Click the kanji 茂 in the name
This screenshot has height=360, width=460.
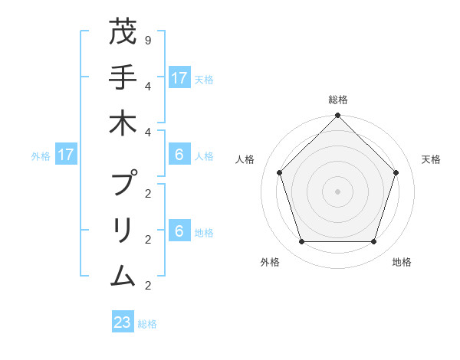123,33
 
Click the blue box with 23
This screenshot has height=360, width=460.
123,322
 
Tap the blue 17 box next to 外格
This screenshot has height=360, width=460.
66,155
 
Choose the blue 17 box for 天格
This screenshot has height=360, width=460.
179,78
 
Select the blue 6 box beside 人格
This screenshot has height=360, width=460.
179,155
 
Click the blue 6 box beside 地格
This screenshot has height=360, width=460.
179,231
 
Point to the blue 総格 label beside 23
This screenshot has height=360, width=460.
148,324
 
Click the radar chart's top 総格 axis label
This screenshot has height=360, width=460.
337,100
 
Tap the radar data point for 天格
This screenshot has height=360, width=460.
396,172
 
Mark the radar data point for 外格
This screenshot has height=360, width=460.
301,241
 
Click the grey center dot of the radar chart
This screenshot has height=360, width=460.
337,191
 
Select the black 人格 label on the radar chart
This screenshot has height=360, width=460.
245,159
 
